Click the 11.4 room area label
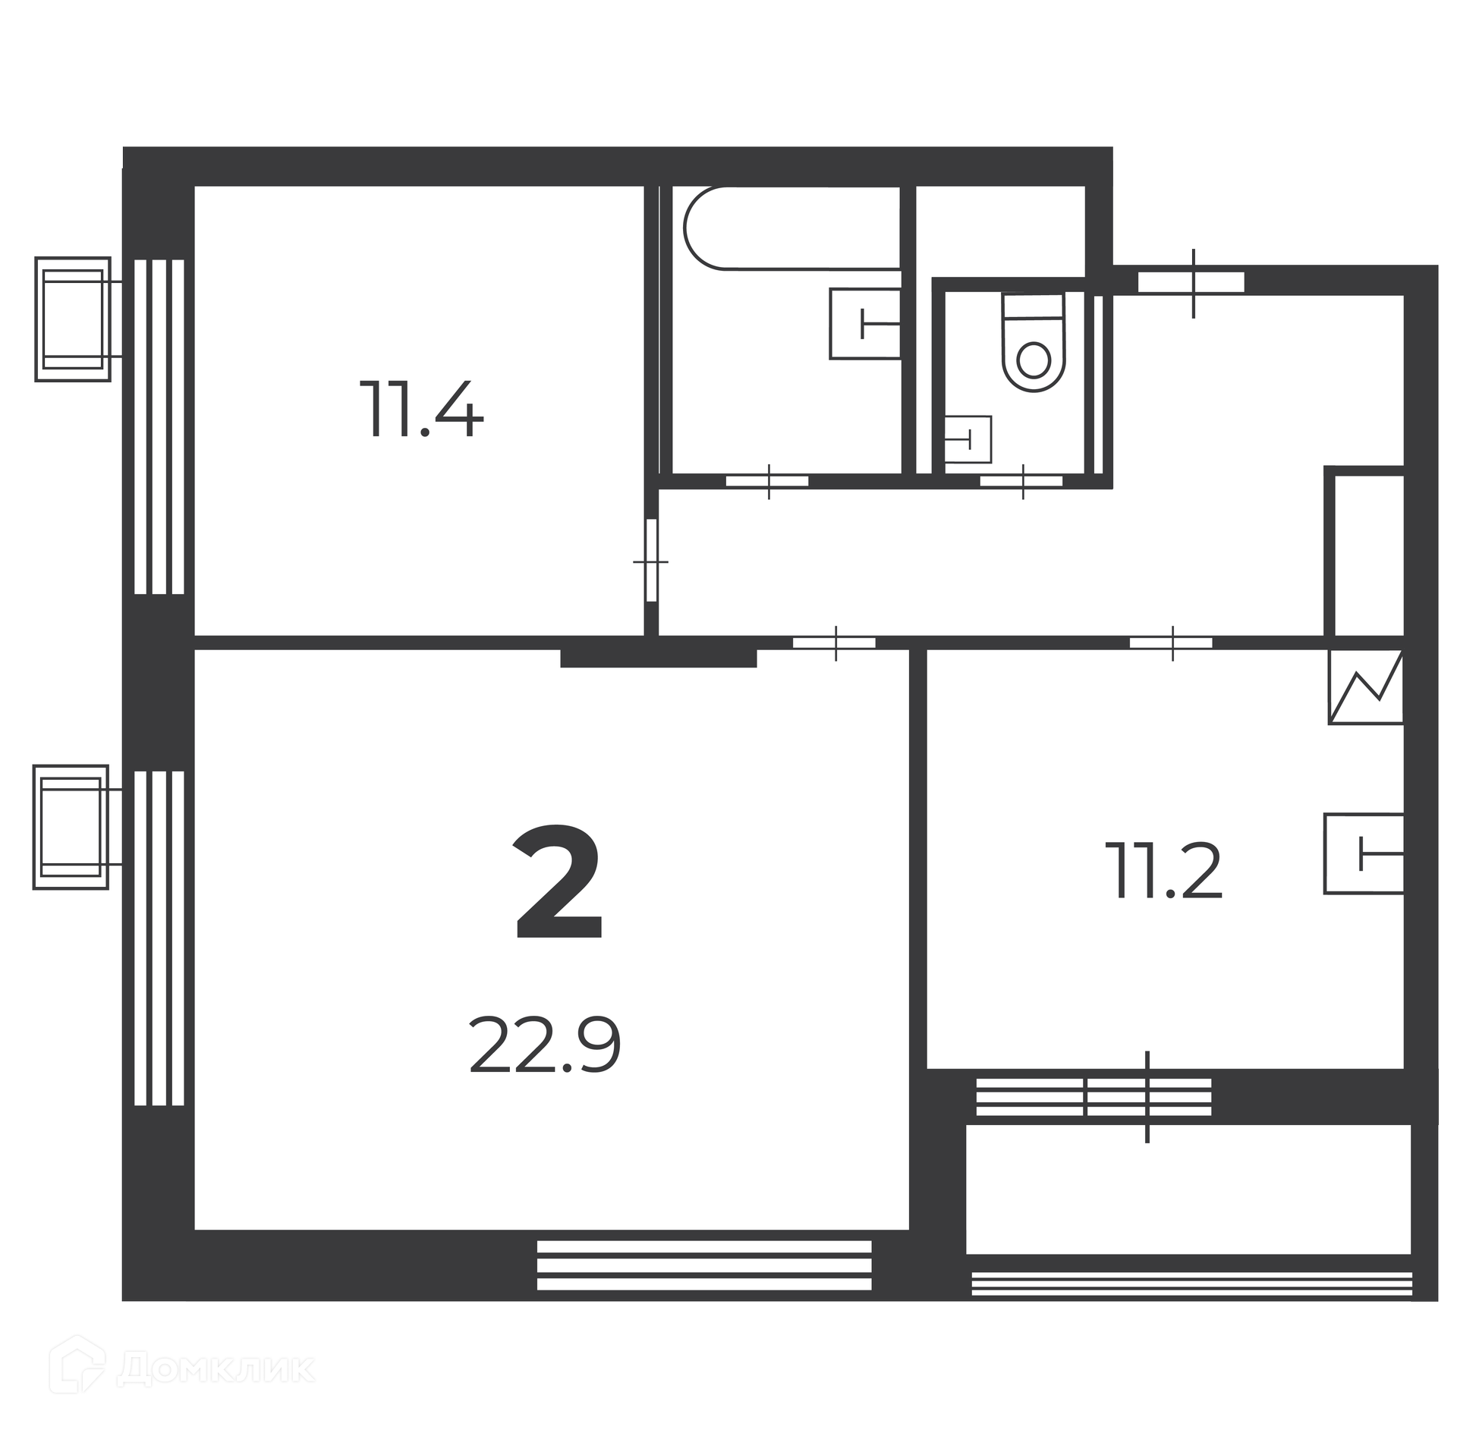(x=421, y=410)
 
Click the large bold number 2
(x=559, y=884)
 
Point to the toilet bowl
(x=1034, y=342)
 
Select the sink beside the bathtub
(x=865, y=324)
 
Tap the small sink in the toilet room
(x=968, y=439)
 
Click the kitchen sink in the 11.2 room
(x=1364, y=853)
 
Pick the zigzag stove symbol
(x=1366, y=687)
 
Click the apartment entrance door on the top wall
(x=1191, y=282)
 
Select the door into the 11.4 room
(x=651, y=561)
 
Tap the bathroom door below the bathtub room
(x=767, y=481)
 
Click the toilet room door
(x=1021, y=481)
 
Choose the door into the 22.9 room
(x=834, y=643)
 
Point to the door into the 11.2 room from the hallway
(x=1171, y=643)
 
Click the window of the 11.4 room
(x=159, y=427)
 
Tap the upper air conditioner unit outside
(x=73, y=319)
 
